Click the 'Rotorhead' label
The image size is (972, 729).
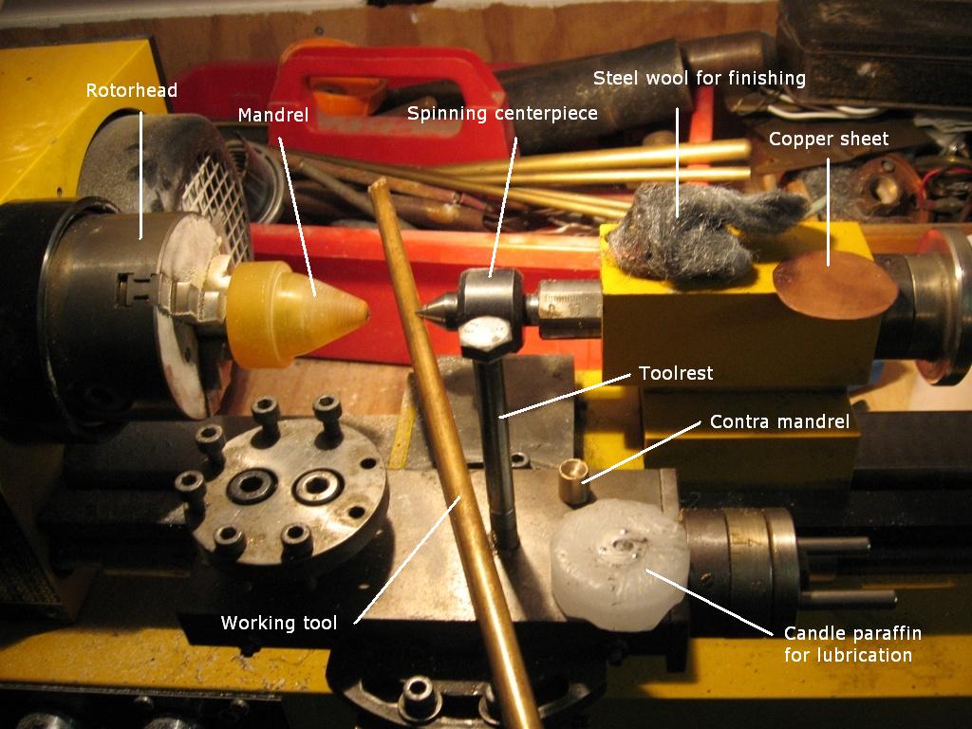point(131,90)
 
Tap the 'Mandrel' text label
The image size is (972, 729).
point(272,115)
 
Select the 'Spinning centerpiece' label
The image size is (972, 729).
point(502,114)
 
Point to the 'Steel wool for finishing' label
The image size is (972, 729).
point(700,78)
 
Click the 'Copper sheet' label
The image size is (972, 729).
point(828,139)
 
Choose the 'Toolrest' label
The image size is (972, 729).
point(676,373)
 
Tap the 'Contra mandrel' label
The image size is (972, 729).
point(779,422)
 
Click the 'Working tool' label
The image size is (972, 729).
point(278,623)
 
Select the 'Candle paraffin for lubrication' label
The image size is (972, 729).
point(852,645)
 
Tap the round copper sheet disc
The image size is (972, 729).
point(834,285)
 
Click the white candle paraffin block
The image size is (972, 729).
point(619,564)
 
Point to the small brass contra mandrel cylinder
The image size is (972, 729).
point(573,481)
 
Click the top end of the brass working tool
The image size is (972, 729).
point(378,183)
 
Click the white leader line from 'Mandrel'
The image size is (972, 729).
point(297,216)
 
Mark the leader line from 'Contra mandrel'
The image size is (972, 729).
point(641,453)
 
